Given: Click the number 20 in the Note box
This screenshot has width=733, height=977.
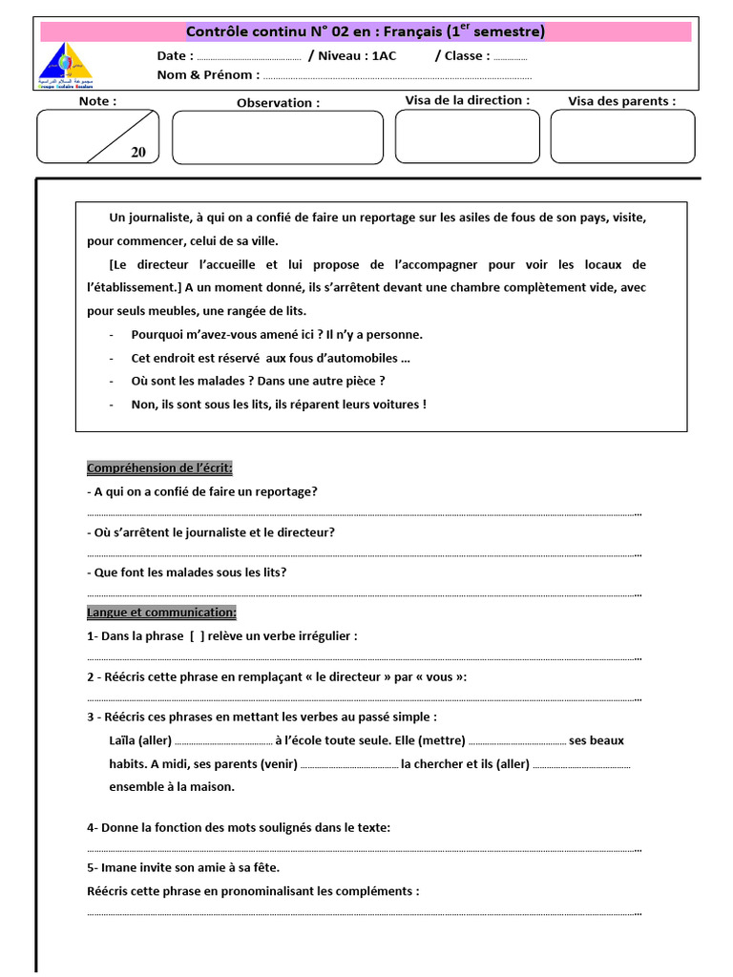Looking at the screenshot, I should click(x=138, y=152).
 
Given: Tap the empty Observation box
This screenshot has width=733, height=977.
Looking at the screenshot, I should click(x=277, y=137).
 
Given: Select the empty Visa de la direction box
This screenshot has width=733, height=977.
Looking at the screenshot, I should click(x=467, y=135).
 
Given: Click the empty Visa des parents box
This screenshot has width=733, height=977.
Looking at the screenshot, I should click(x=622, y=135).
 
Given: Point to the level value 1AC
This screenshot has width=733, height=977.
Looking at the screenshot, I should click(x=384, y=55).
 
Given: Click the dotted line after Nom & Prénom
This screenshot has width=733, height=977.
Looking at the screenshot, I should click(x=396, y=76).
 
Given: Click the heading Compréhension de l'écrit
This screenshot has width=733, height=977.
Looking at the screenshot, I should click(x=159, y=468).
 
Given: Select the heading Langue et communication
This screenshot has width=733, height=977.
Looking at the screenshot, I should click(x=161, y=612).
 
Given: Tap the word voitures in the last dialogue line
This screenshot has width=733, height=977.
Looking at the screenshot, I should click(x=391, y=404).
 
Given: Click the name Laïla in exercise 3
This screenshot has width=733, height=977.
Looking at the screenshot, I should click(x=122, y=740).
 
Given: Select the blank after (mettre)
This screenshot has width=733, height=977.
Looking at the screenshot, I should click(x=517, y=741).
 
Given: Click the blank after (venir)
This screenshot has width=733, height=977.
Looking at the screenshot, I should click(x=349, y=764).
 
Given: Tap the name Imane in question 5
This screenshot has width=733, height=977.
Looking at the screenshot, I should click(x=118, y=867).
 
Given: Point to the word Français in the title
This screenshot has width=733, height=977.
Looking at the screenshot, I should click(x=426, y=31).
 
